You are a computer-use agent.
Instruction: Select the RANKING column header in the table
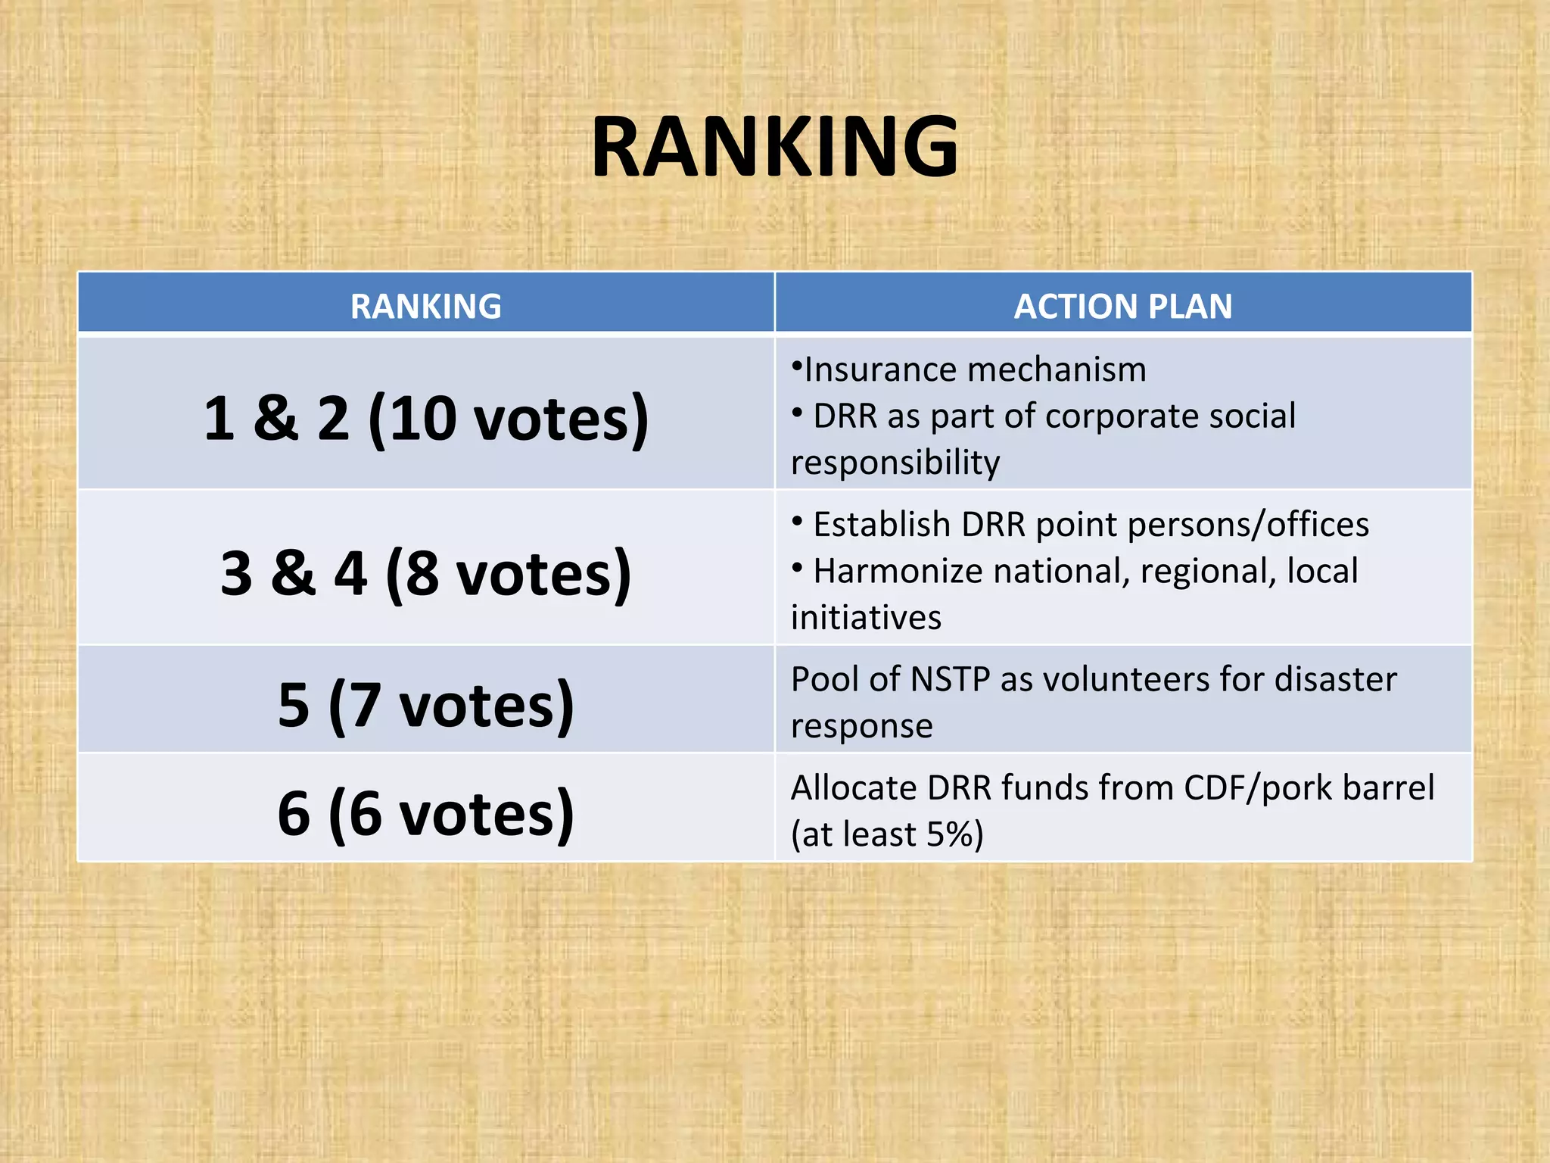[x=425, y=307]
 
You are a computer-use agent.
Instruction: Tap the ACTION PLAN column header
[x=1123, y=307]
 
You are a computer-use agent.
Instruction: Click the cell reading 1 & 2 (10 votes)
[x=426, y=419]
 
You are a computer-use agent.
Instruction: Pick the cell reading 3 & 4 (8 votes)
[x=426, y=573]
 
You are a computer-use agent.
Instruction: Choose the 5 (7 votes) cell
[x=426, y=705]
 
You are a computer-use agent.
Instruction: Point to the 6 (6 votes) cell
[x=426, y=813]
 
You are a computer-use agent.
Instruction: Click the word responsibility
[x=895, y=463]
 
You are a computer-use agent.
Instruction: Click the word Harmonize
[x=898, y=571]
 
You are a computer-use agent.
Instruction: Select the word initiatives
[x=866, y=618]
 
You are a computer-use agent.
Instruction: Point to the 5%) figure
[x=955, y=834]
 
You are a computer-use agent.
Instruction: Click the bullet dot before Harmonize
[x=797, y=567]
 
